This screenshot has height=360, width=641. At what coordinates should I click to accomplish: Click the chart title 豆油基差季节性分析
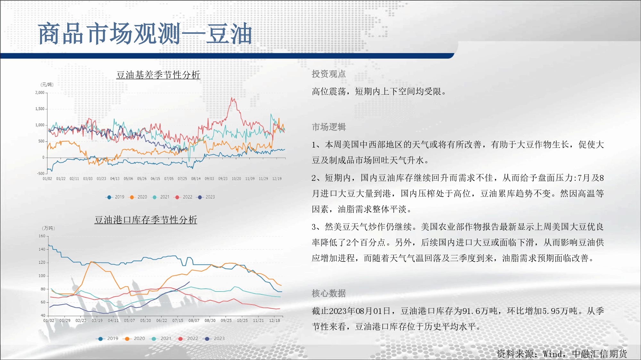point(158,75)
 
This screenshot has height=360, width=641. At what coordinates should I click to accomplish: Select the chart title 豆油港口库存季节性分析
point(146,220)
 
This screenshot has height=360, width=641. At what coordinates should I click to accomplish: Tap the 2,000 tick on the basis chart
point(40,92)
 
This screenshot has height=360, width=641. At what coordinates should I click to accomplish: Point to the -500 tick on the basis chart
point(41,173)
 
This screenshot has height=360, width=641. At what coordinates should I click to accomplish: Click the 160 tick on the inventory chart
point(42,236)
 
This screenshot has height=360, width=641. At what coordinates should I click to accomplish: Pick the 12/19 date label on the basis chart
point(277,179)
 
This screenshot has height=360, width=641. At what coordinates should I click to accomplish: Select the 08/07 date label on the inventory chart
point(194,320)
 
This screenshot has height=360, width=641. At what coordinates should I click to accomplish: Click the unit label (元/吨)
point(47,84)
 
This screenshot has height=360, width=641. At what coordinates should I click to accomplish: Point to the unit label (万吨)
point(48,228)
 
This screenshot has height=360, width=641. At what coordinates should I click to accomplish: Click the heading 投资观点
point(329,74)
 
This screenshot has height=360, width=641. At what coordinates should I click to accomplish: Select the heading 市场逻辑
point(329,127)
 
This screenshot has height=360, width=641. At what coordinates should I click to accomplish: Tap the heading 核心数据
point(329,293)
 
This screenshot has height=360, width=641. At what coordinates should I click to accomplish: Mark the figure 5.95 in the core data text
point(551,311)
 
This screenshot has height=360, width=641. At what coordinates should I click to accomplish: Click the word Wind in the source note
point(552,354)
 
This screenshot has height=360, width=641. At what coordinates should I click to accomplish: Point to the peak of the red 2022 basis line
point(232,98)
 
